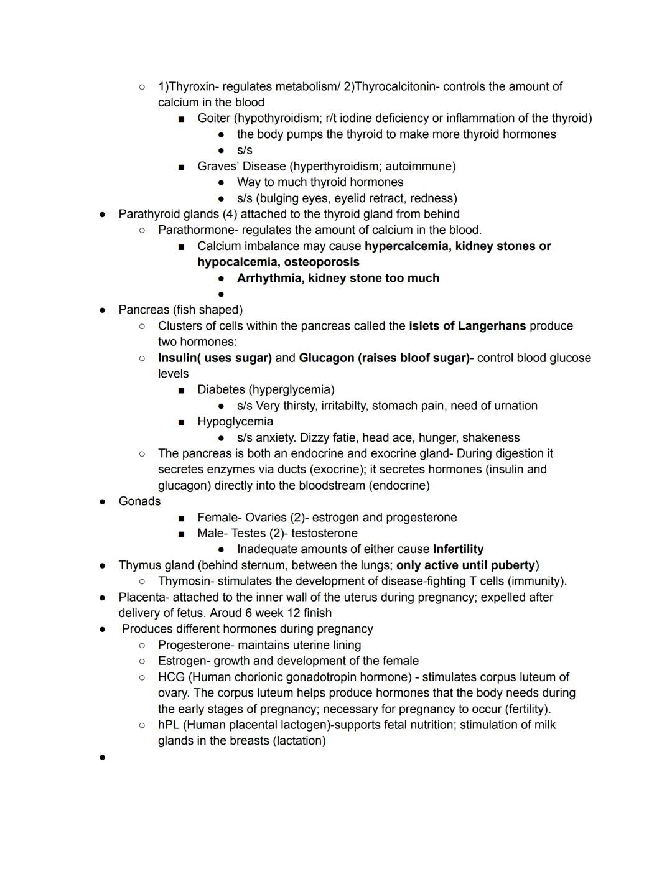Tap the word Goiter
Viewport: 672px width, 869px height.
point(213,118)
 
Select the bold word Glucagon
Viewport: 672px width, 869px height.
point(326,358)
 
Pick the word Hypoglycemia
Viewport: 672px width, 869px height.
point(235,421)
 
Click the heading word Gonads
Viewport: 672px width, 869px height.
point(139,501)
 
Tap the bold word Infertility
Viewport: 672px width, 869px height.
point(458,549)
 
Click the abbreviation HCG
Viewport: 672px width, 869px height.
point(170,677)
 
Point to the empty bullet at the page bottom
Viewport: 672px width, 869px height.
point(102,757)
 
